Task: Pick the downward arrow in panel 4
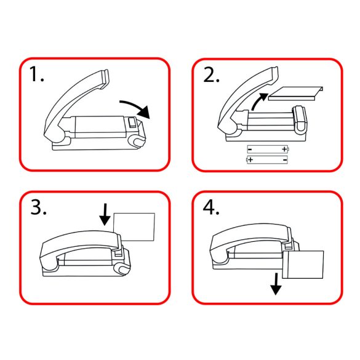coord(276,284)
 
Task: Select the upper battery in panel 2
coord(268,149)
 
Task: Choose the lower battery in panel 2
coord(268,160)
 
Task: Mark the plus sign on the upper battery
coord(284,149)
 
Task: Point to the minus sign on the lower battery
coord(284,160)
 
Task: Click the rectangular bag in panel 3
coord(135,227)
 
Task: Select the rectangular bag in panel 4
coord(305,265)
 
